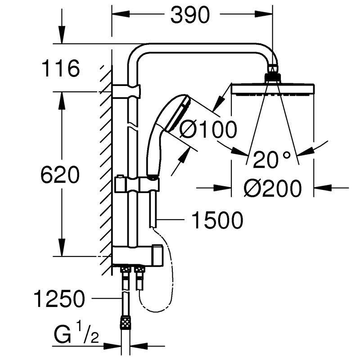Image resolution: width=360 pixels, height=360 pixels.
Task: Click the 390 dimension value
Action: pyautogui.click(x=190, y=15)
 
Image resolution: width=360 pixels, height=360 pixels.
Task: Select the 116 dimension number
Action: pyautogui.click(x=61, y=68)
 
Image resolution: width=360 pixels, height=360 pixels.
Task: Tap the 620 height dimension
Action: pyautogui.click(x=60, y=175)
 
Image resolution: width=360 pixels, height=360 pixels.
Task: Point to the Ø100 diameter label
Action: pyautogui.click(x=208, y=130)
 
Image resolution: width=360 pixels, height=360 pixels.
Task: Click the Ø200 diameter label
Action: pyautogui.click(x=272, y=188)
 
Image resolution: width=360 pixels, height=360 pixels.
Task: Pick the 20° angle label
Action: pyautogui.click(x=272, y=159)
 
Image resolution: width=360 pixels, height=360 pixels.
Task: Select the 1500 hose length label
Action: pyautogui.click(x=217, y=220)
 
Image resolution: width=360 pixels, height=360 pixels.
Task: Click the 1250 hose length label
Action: pyautogui.click(x=59, y=299)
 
